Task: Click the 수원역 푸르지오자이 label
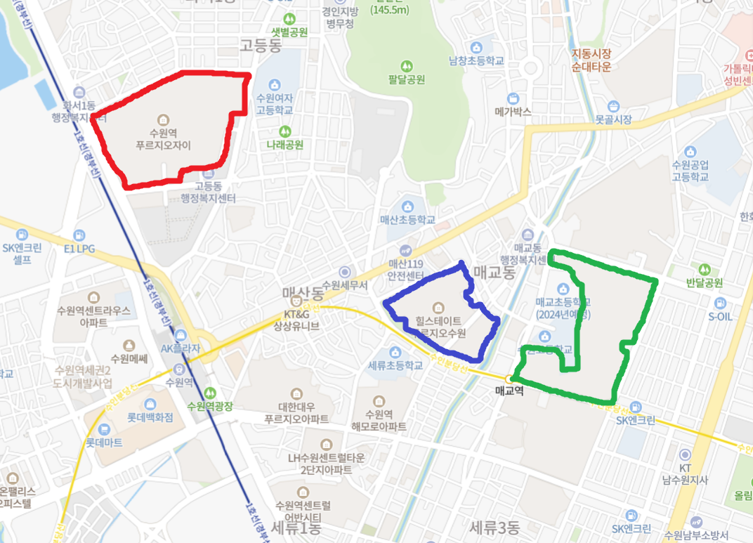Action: point(163,139)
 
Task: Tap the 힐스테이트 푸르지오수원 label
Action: point(439,327)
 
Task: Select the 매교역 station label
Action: point(509,391)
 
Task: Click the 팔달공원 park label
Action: point(406,79)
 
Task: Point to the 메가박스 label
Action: point(513,112)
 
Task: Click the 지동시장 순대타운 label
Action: point(591,60)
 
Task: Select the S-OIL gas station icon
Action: point(720,303)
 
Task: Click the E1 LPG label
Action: point(79,249)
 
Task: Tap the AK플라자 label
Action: point(181,348)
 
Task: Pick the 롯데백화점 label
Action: point(150,417)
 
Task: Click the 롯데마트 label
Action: point(104,443)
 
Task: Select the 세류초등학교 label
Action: point(395,365)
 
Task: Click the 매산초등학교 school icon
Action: point(408,207)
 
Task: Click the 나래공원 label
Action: point(284,145)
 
